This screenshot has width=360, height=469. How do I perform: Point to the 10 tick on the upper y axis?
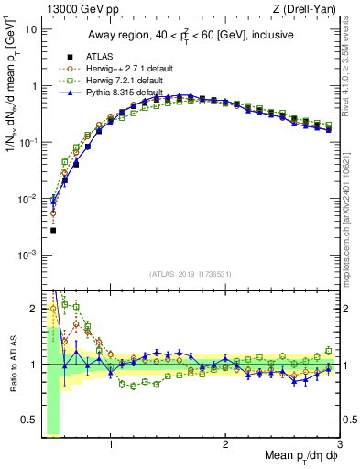[30, 29]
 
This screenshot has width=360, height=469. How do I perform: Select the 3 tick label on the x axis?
[340, 446]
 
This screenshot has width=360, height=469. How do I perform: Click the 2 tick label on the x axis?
[225, 446]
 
